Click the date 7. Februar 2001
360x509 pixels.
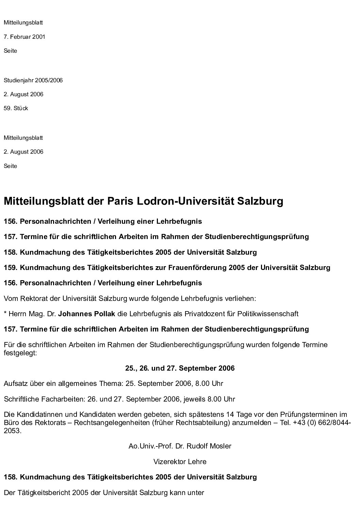(x=24, y=37)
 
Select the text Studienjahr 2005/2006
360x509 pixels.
(x=33, y=81)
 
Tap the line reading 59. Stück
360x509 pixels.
(x=16, y=108)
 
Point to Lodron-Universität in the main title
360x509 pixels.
(x=180, y=201)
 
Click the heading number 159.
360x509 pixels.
(x=10, y=268)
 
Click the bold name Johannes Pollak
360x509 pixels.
(x=86, y=314)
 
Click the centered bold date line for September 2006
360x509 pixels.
(x=180, y=368)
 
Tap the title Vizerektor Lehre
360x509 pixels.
(x=180, y=462)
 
